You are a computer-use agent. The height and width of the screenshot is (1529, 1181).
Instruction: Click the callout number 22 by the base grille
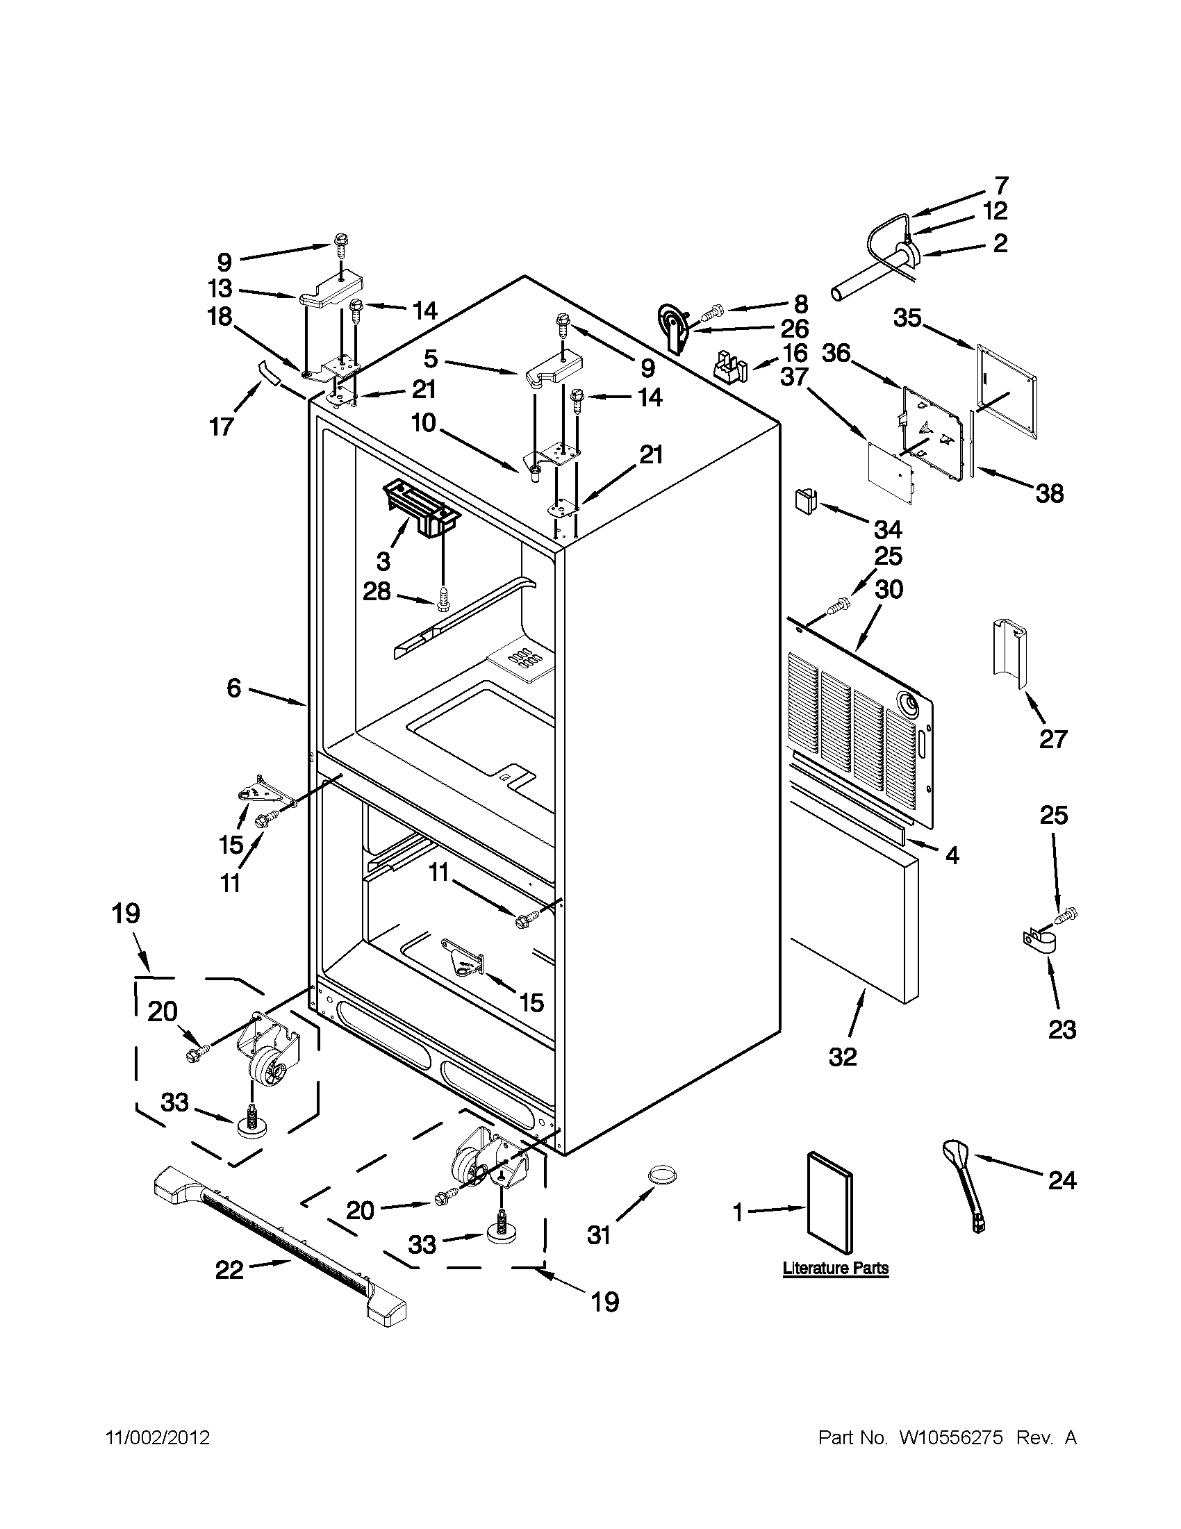(229, 1270)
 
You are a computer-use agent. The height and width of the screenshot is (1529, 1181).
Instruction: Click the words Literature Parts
(835, 1268)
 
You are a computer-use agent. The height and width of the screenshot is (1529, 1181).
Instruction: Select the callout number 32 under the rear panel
(843, 1057)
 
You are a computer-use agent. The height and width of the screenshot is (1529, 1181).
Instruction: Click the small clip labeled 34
(803, 501)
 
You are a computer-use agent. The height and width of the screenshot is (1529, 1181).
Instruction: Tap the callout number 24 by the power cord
(1062, 1181)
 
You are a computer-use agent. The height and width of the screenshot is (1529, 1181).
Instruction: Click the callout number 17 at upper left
(221, 427)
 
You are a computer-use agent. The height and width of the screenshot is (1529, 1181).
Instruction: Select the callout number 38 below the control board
(1050, 493)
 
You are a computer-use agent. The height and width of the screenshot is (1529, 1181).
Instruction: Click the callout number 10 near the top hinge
(424, 422)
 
